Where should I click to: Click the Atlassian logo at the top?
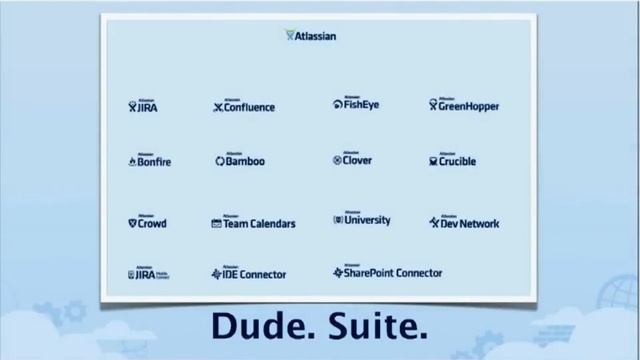click(311, 37)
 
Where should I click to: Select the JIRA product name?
click(143, 107)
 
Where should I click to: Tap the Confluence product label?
click(245, 107)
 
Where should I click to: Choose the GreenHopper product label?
click(465, 106)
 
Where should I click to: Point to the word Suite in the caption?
click(377, 327)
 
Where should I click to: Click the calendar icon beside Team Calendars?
click(216, 224)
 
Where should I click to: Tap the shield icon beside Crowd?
click(132, 224)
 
